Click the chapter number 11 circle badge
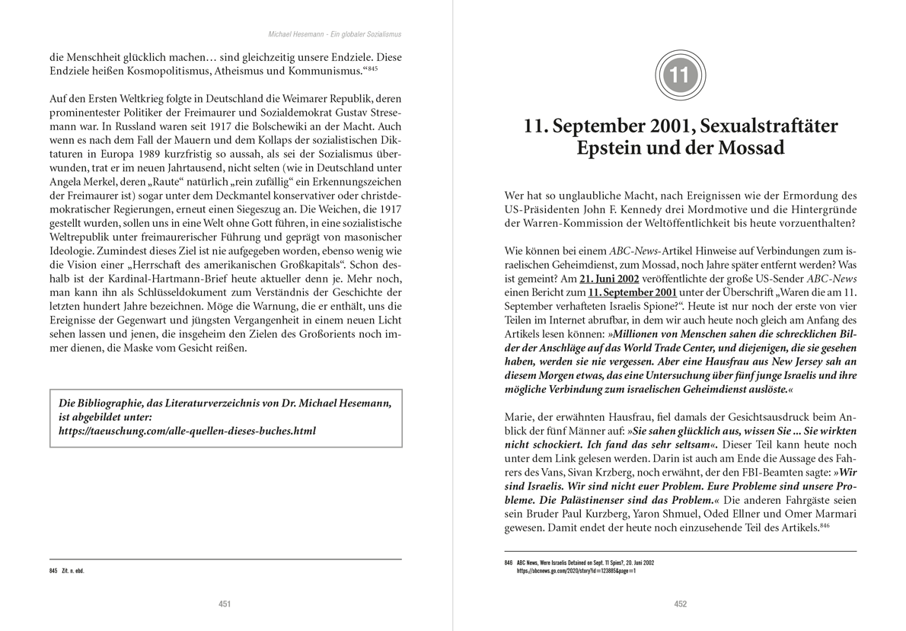(x=680, y=75)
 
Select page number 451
(x=225, y=604)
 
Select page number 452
(x=681, y=604)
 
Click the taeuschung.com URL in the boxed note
(x=187, y=431)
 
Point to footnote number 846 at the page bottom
(x=508, y=562)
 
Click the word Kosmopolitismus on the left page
(x=149, y=71)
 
